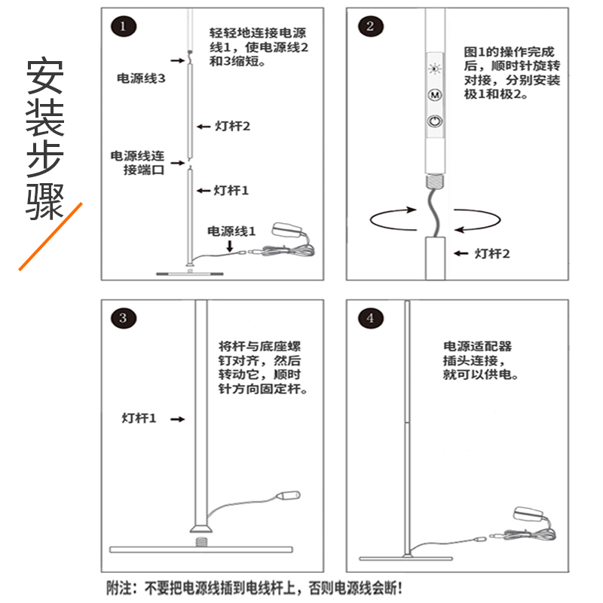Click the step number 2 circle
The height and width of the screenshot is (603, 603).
click(369, 27)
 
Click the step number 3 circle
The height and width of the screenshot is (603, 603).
click(124, 318)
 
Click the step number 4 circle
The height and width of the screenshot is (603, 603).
click(369, 318)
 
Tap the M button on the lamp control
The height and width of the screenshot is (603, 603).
click(434, 96)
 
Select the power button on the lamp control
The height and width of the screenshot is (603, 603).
click(434, 121)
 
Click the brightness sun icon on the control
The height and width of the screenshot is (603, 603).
click(434, 69)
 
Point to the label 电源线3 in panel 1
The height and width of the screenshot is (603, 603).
click(140, 78)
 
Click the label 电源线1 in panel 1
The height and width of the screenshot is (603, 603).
click(231, 231)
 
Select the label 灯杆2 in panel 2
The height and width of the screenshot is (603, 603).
click(493, 253)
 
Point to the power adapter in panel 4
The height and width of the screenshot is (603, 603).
click(528, 515)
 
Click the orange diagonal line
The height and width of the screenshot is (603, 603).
click(50, 236)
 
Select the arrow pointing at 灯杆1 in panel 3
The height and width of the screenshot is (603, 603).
click(176, 417)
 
